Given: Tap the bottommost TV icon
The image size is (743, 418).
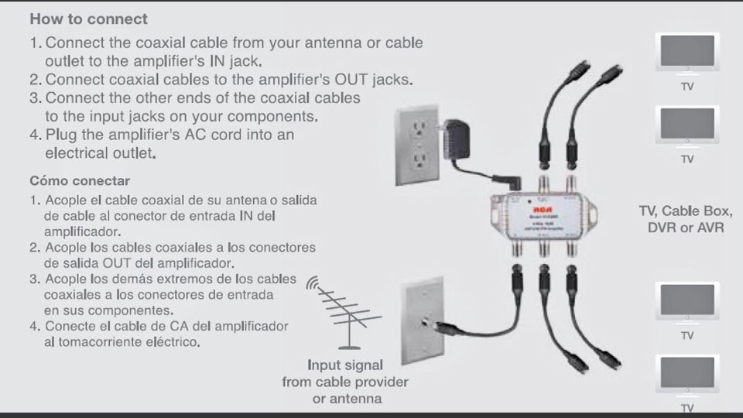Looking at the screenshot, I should point(687,376).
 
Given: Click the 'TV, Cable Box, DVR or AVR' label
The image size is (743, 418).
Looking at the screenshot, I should point(680,218).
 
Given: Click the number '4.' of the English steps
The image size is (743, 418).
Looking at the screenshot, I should point(36,135).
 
